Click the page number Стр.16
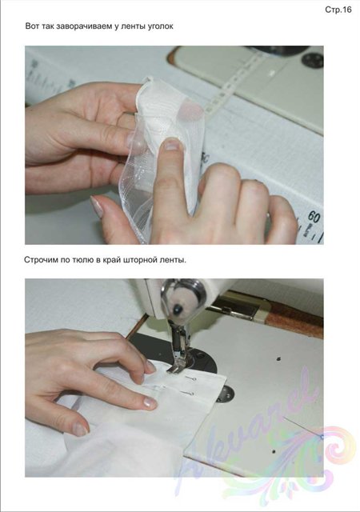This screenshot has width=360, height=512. click(338, 10)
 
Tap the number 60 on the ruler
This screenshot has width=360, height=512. click(314, 217)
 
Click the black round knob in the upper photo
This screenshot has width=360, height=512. click(312, 61)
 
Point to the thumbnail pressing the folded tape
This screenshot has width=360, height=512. click(173, 144)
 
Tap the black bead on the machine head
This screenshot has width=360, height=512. click(178, 309)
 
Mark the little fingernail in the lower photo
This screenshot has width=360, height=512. click(80, 428)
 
